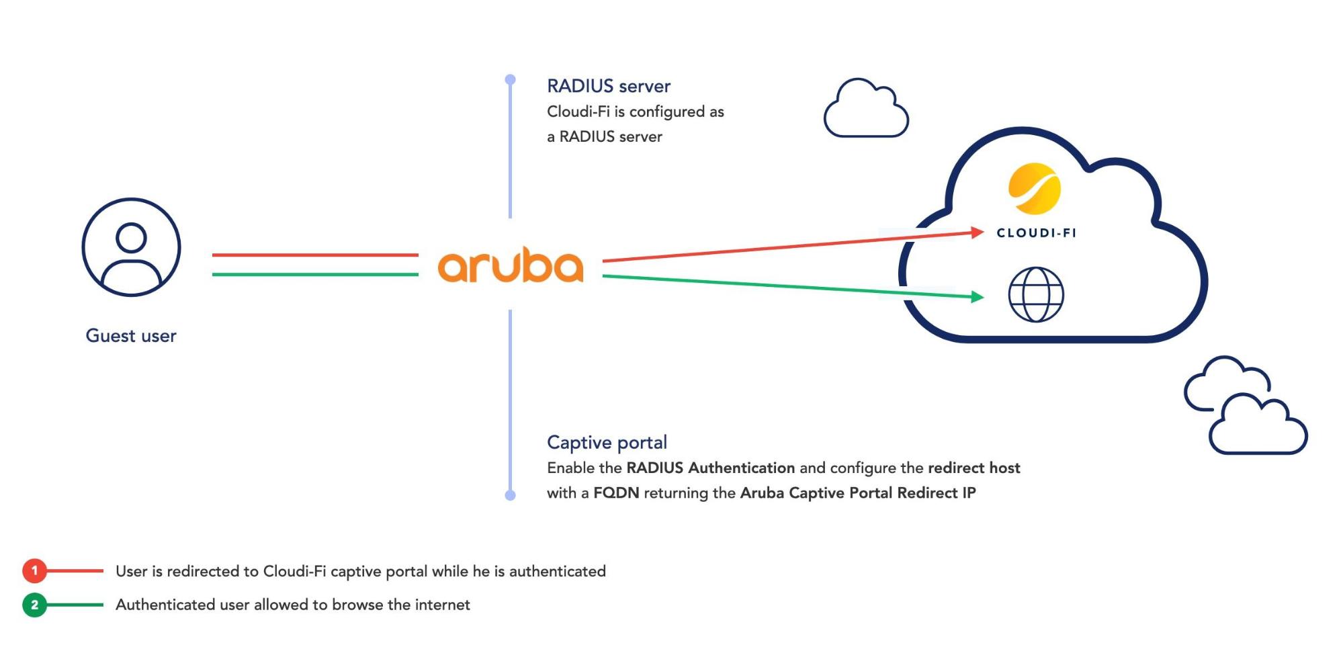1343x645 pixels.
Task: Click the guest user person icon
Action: point(131,247)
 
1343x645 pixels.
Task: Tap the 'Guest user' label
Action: point(131,336)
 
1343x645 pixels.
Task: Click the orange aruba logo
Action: point(510,265)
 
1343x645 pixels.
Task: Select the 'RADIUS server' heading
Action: point(608,87)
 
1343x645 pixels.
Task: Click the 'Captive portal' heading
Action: point(607,443)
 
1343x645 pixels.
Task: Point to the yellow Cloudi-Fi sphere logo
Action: point(1035,189)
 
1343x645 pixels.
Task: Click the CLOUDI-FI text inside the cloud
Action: point(1036,233)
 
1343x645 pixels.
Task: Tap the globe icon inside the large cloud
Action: point(1036,295)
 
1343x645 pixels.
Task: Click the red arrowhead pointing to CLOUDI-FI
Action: point(978,232)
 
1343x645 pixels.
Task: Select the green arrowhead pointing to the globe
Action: point(978,296)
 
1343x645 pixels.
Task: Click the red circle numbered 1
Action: point(34,571)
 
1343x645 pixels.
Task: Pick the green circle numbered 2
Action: point(34,605)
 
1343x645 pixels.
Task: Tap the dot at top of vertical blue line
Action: point(510,80)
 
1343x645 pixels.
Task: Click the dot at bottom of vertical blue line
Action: point(510,495)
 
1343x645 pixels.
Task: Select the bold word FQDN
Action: point(616,493)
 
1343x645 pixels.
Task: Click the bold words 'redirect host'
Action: point(973,468)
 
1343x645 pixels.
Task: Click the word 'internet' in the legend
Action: point(442,605)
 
